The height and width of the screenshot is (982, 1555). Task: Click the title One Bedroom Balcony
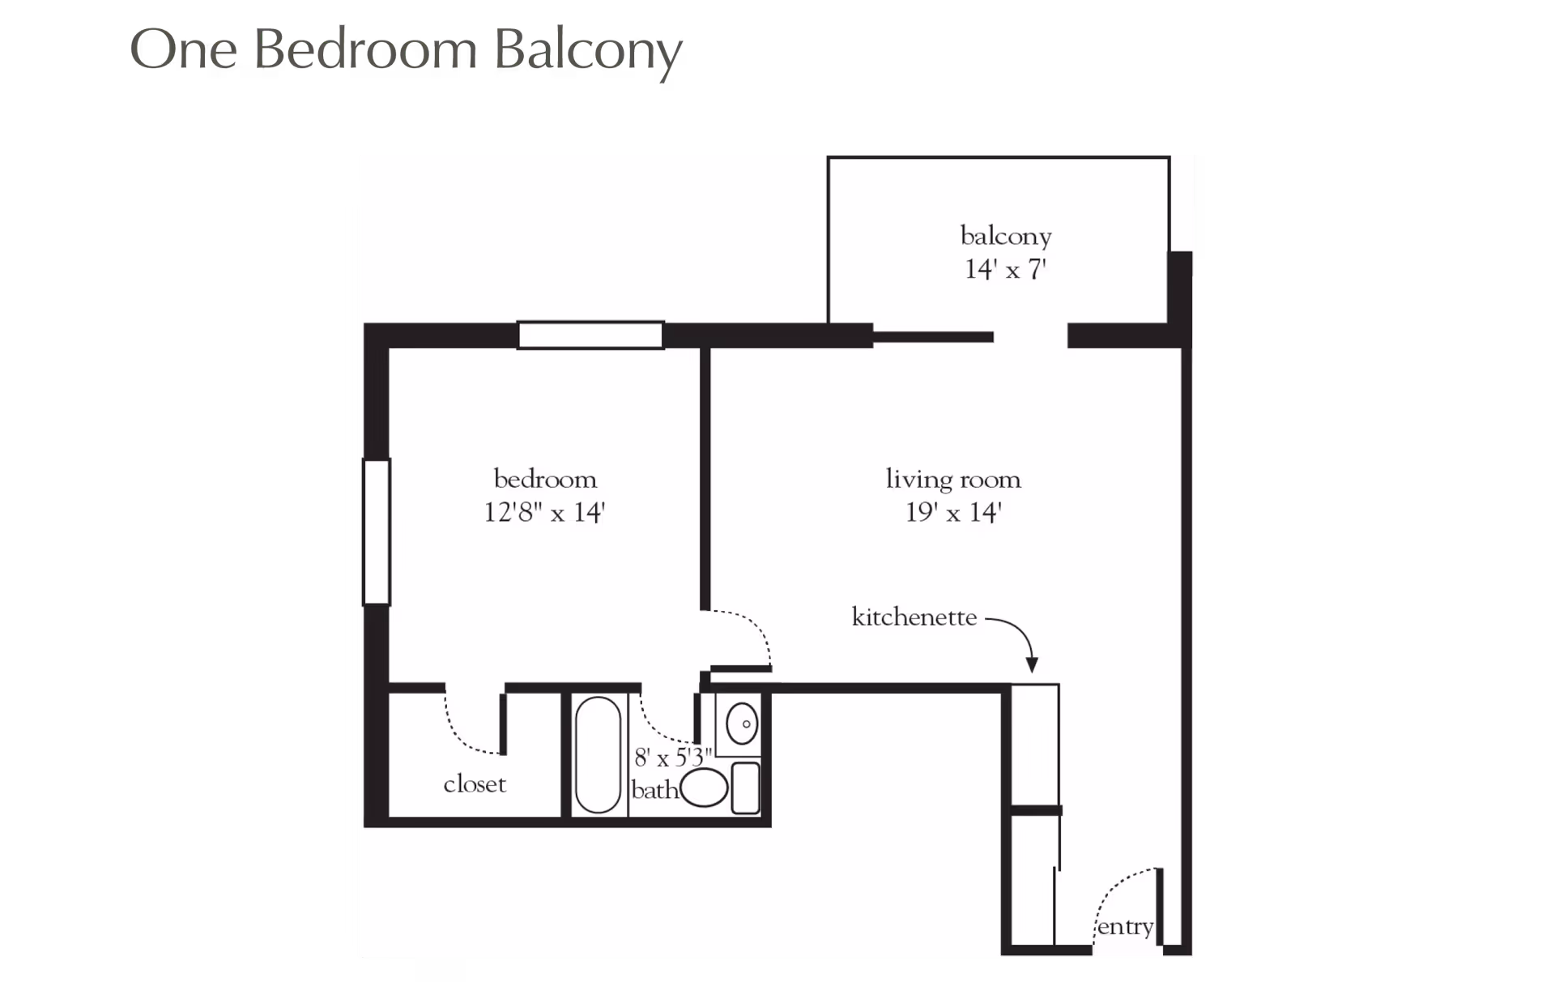tap(406, 51)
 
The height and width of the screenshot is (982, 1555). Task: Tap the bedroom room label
tap(545, 479)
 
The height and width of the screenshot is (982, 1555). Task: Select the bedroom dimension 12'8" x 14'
tap(545, 513)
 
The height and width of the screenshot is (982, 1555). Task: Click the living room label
tap(953, 479)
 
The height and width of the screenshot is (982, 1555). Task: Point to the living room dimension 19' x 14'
tap(953, 513)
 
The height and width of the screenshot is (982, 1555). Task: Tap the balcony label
tap(1006, 236)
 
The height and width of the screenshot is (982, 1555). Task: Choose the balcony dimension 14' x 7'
tap(1006, 269)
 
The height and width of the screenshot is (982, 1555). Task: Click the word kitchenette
tap(914, 617)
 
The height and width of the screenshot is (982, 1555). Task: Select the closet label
tap(475, 784)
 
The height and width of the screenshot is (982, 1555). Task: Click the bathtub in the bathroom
tap(598, 754)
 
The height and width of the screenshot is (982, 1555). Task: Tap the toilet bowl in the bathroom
tap(704, 788)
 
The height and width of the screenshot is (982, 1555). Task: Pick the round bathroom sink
tap(742, 724)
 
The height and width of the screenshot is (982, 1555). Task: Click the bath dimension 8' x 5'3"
tap(673, 758)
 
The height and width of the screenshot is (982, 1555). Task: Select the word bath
tap(654, 790)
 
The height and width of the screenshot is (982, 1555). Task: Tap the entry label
tap(1125, 926)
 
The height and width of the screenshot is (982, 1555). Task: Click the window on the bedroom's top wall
tap(590, 335)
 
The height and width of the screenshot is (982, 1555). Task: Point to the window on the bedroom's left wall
tap(377, 532)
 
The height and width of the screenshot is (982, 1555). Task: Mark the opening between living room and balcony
tap(1030, 336)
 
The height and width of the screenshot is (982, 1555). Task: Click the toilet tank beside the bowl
tap(746, 788)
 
